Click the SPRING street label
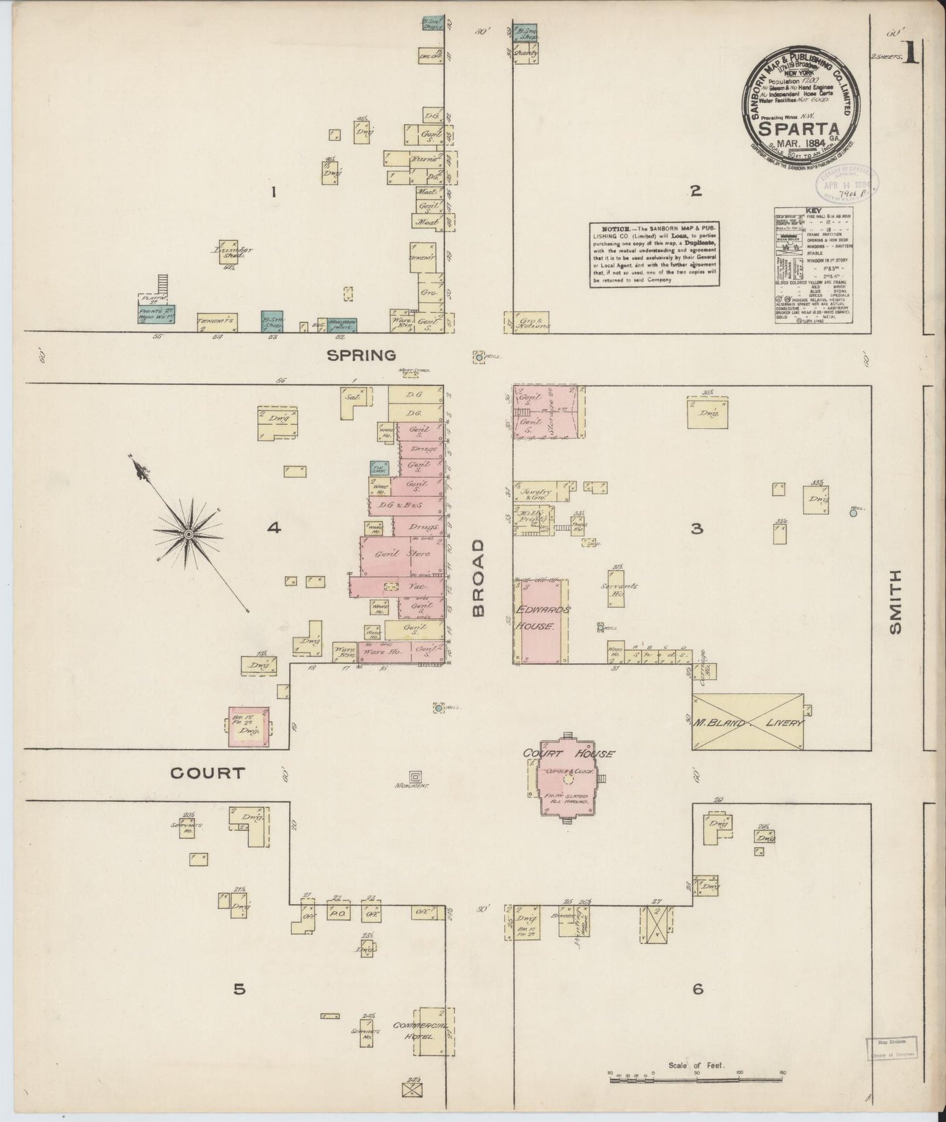[362, 355]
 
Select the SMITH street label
[895, 601]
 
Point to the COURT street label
[208, 773]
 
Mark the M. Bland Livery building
[748, 722]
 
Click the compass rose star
[188, 534]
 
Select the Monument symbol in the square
[415, 777]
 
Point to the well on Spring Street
[479, 357]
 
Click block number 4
[274, 527]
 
